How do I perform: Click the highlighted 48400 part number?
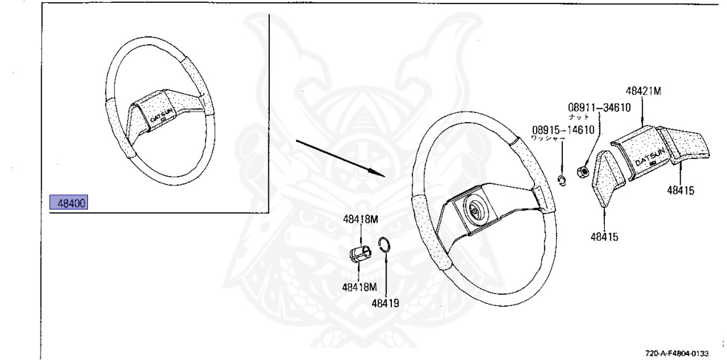click(x=72, y=204)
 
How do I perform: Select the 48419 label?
click(x=385, y=302)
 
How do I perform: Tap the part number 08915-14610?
click(x=562, y=130)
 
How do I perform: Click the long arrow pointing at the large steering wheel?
click(x=339, y=158)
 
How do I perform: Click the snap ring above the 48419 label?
click(x=383, y=246)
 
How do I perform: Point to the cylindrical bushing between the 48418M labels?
click(x=361, y=253)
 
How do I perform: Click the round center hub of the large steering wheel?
click(x=473, y=211)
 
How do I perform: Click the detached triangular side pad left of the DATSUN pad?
click(x=606, y=178)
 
